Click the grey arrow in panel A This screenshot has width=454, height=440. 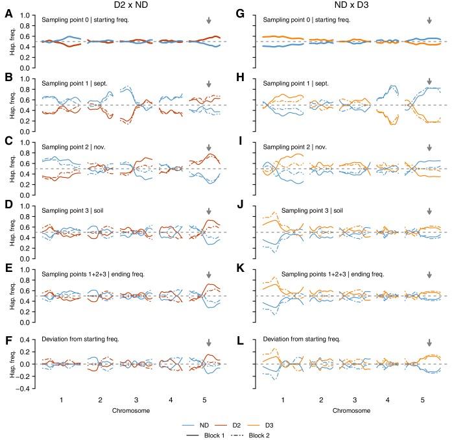tap(208, 21)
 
